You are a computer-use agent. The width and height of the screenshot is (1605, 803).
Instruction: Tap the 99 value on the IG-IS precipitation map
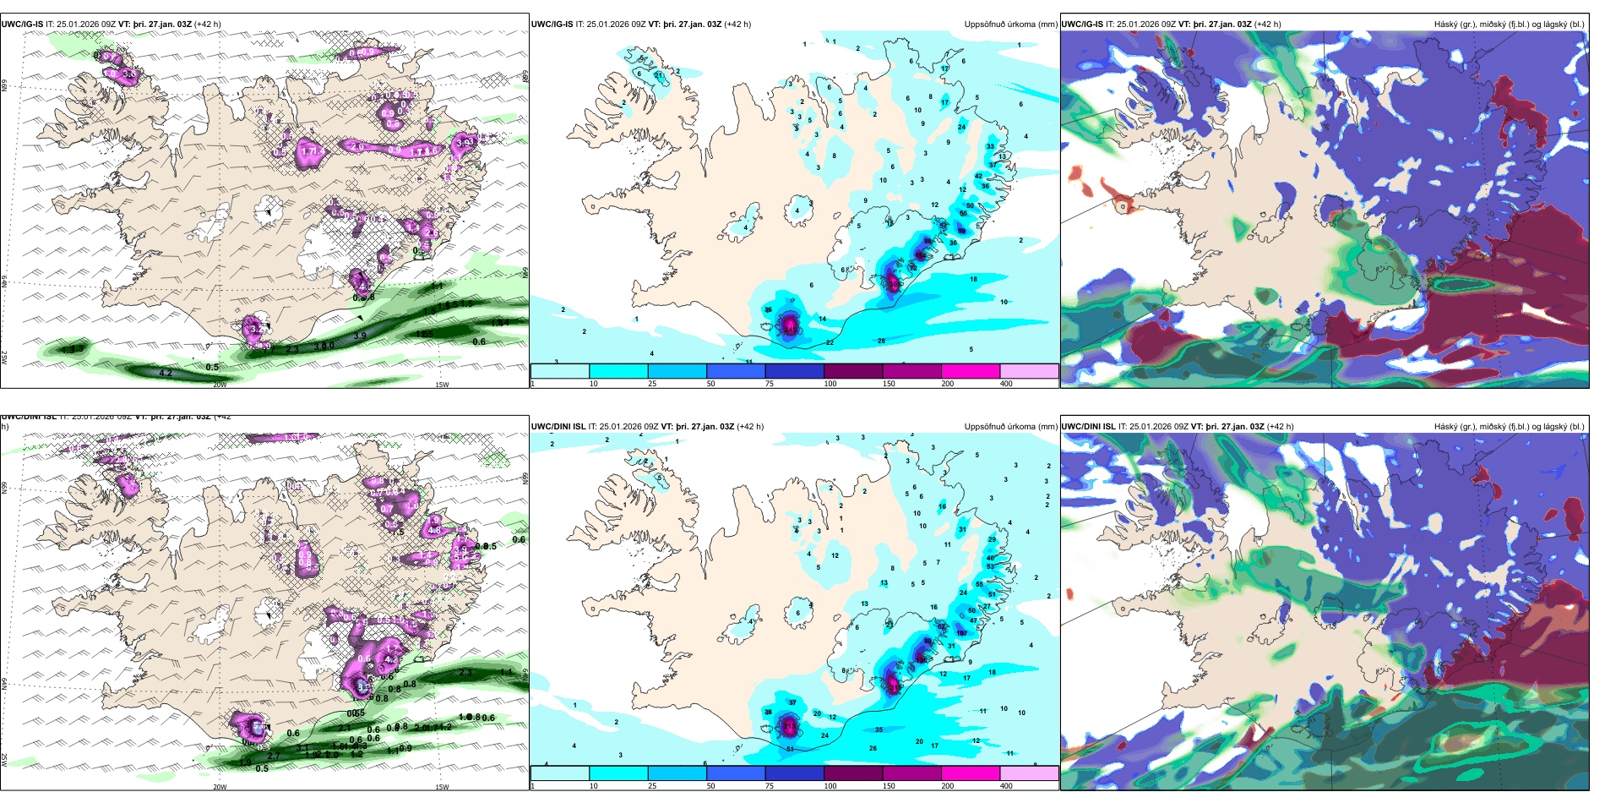[x=961, y=231]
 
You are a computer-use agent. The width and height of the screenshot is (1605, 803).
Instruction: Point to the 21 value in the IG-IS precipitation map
[x=658, y=76]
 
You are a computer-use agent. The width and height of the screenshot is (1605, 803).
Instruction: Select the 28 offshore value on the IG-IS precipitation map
[x=881, y=341]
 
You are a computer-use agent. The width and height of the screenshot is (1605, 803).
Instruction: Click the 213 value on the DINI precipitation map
[x=789, y=725]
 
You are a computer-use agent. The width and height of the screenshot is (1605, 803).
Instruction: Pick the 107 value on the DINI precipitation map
[x=961, y=632]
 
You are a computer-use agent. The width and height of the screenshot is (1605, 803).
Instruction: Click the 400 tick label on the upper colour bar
[x=1006, y=384]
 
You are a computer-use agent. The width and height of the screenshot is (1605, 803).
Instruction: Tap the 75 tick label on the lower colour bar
[x=770, y=786]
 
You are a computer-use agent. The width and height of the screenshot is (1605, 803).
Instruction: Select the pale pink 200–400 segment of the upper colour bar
[x=1029, y=371]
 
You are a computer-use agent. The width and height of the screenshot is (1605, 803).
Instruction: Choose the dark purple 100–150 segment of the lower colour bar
[x=853, y=773]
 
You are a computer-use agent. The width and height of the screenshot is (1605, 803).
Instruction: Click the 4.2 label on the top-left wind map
[x=166, y=373]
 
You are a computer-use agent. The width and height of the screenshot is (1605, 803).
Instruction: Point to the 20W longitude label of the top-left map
[x=220, y=385]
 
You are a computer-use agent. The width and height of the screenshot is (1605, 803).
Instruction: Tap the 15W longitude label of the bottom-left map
[x=442, y=787]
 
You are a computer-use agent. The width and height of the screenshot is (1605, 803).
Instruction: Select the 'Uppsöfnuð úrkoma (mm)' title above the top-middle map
[x=1010, y=25]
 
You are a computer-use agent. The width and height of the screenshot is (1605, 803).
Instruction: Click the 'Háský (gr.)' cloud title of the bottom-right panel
[x=1455, y=427]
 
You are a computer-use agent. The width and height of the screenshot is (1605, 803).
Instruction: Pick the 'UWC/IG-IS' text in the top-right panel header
[x=1082, y=25]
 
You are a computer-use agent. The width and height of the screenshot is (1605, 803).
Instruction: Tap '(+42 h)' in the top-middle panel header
[x=737, y=25]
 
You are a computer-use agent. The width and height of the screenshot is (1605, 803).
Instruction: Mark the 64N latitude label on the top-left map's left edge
[x=4, y=281]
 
